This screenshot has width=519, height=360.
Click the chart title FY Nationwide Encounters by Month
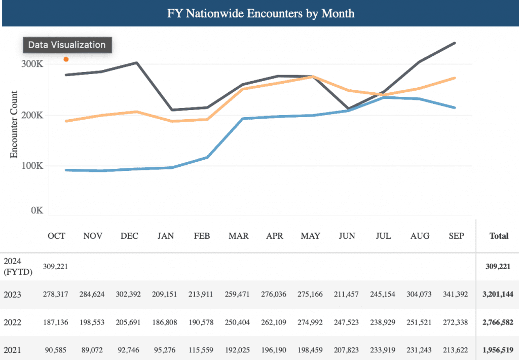pyautogui.click(x=261, y=14)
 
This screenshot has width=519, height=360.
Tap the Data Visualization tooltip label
pyautogui.click(x=67, y=45)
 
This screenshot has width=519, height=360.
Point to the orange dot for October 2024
pyautogui.click(x=66, y=59)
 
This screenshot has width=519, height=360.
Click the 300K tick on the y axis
pyautogui.click(x=32, y=64)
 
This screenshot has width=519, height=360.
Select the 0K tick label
pyautogui.click(x=37, y=210)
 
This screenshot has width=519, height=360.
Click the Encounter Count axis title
pyautogui.click(x=14, y=125)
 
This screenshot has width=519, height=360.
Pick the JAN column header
pyautogui.click(x=166, y=236)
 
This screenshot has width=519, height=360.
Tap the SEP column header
pyautogui.click(x=457, y=236)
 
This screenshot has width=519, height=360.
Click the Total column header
pyautogui.click(x=499, y=236)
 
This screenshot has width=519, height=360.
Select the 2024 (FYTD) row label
pyautogui.click(x=18, y=267)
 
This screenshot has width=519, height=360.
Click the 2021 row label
pyautogui.click(x=12, y=350)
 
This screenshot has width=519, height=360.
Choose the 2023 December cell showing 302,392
pyautogui.click(x=128, y=294)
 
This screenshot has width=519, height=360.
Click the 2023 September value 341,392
pyautogui.click(x=456, y=294)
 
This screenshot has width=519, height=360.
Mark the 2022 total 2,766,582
pyautogui.click(x=498, y=322)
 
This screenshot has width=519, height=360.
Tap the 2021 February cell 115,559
pyautogui.click(x=201, y=350)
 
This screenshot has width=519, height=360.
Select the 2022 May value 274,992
pyautogui.click(x=310, y=322)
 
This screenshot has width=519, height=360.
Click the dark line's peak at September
pyautogui.click(x=455, y=43)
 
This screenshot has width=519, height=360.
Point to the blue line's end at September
pyautogui.click(x=455, y=107)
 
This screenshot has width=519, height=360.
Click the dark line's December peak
pyautogui.click(x=137, y=62)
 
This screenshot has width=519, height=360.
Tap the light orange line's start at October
pyautogui.click(x=66, y=121)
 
